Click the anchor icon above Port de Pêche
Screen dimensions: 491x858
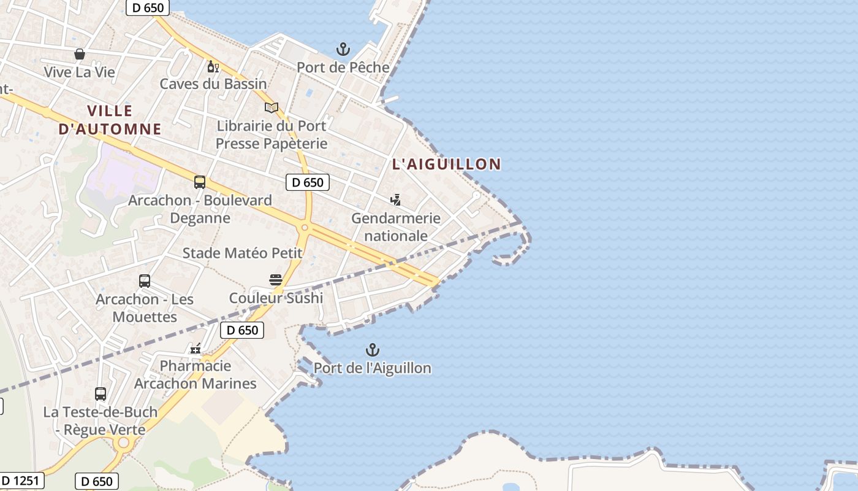(x=343, y=49)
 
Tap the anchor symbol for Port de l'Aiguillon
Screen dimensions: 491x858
(x=372, y=350)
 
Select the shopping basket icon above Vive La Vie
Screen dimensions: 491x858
(x=80, y=54)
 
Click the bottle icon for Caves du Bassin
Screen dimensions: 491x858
(x=213, y=66)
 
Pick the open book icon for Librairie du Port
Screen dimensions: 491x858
(x=271, y=107)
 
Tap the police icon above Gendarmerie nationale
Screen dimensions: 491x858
(x=396, y=199)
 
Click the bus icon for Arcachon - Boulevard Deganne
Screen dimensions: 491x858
(x=200, y=182)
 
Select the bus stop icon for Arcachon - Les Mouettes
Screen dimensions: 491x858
(x=145, y=281)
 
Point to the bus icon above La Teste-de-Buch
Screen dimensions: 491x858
(x=101, y=394)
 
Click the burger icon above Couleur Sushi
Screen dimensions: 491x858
(x=276, y=280)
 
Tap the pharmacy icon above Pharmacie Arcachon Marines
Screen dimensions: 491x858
(x=196, y=349)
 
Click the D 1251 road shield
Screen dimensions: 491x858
(x=21, y=481)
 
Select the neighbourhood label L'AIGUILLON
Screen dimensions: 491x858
(x=446, y=164)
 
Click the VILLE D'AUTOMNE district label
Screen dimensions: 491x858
(x=110, y=120)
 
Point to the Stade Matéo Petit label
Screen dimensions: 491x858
(x=243, y=253)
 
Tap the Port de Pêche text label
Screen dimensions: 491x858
(x=343, y=67)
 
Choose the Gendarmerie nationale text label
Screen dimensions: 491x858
(x=396, y=226)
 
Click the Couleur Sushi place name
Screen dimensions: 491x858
(x=276, y=298)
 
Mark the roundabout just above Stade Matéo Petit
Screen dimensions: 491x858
(x=304, y=228)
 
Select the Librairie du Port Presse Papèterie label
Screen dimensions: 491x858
(x=271, y=134)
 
